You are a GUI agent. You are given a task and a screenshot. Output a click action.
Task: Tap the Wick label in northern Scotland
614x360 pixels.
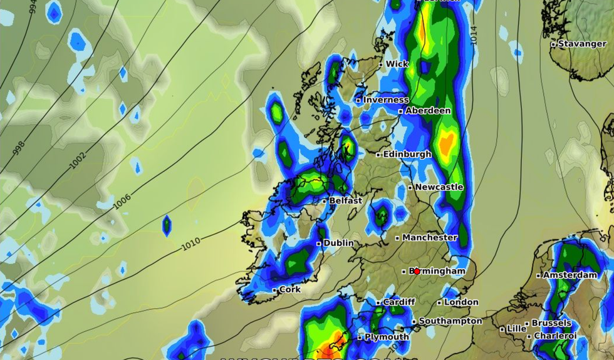(x=397, y=64)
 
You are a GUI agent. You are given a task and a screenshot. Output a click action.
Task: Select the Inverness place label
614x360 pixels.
(x=385, y=100)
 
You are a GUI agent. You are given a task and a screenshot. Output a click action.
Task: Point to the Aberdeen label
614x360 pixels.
(x=428, y=111)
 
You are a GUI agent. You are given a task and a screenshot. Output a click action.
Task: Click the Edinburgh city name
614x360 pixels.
(x=407, y=154)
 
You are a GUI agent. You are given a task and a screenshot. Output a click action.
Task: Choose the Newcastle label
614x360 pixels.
(x=439, y=187)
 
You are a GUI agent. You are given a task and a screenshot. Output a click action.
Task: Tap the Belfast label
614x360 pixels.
(x=346, y=201)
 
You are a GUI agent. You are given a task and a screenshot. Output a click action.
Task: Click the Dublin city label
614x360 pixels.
(x=338, y=243)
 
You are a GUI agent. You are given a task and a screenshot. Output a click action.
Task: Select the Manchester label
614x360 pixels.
(x=430, y=238)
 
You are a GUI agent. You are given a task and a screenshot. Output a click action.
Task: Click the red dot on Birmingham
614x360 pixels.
(x=417, y=271)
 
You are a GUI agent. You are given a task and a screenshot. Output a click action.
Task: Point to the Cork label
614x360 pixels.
(x=290, y=290)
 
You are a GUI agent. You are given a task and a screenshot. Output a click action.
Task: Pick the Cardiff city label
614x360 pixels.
(x=399, y=302)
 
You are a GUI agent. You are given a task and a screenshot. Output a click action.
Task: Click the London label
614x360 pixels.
(x=461, y=302)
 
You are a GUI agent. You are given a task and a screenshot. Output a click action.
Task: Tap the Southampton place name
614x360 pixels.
(x=450, y=321)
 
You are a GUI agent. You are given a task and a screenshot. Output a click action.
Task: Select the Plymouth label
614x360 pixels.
(x=387, y=337)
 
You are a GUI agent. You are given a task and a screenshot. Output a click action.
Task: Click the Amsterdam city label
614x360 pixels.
(x=570, y=275)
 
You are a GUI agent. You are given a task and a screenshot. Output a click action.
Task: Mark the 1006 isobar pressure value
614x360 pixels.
(x=122, y=201)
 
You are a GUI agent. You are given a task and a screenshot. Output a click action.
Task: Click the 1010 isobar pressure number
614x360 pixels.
(x=191, y=245)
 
